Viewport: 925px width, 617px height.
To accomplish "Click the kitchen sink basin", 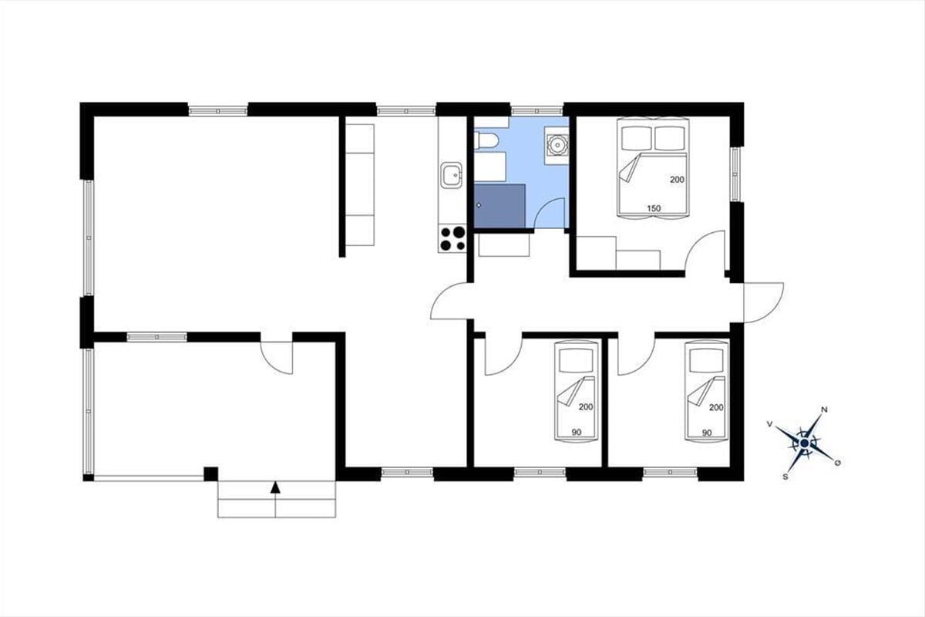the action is point(451,175).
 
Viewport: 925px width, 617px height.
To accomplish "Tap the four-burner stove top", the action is point(452,239).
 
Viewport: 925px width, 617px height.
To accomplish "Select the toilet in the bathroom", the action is point(486,141).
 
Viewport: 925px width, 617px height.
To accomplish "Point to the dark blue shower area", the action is point(499,206).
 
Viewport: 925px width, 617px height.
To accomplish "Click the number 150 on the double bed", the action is point(654,208).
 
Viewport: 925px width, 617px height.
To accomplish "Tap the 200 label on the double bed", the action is point(677,180).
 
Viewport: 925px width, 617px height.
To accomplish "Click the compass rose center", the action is point(804,443).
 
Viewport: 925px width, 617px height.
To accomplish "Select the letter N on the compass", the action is point(824,410).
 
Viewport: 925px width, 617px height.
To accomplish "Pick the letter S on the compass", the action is point(785,477).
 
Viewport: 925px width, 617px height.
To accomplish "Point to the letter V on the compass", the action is point(770,423).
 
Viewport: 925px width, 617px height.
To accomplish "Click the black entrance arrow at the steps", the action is point(275,487).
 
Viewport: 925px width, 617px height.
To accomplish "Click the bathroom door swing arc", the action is point(544,207).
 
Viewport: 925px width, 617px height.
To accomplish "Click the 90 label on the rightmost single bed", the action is point(707,433).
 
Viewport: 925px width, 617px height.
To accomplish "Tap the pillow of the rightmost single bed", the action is point(707,361).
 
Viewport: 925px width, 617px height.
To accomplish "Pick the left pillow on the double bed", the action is point(637,138).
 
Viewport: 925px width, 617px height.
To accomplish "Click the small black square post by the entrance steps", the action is point(211,474).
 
